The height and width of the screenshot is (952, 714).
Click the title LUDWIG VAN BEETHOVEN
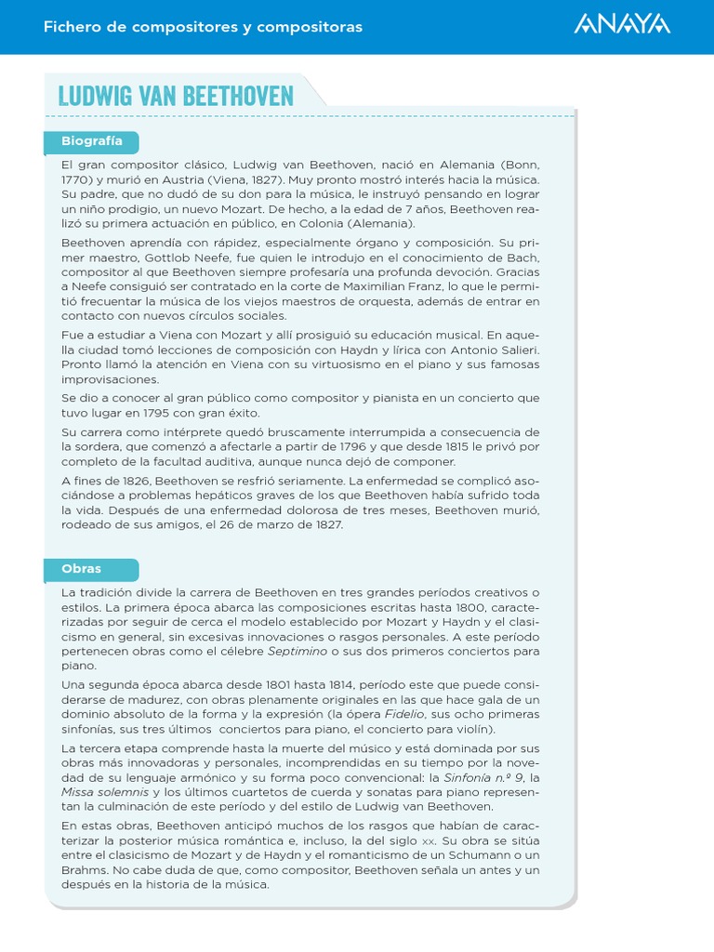(x=176, y=96)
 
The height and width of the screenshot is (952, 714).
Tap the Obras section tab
(x=82, y=568)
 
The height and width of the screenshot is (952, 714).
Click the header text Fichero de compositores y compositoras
(x=203, y=27)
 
